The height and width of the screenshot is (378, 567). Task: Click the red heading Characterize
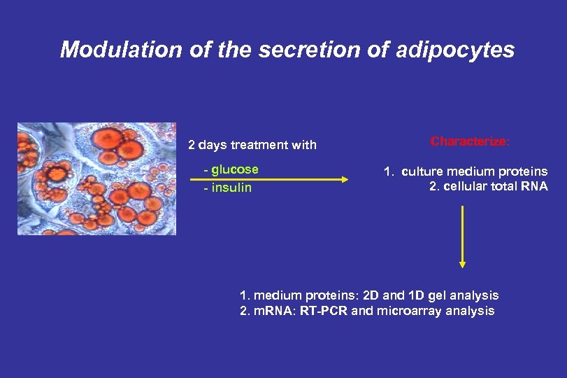click(470, 141)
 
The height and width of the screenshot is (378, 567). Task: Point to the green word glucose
click(234, 169)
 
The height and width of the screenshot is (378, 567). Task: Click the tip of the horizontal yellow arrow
click(345, 179)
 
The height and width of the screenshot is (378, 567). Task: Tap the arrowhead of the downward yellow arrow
click(462, 264)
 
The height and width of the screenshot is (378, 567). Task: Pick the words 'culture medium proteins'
click(475, 171)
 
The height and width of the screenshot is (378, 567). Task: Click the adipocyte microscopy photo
click(97, 179)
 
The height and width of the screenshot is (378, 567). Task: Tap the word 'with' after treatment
click(304, 146)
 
